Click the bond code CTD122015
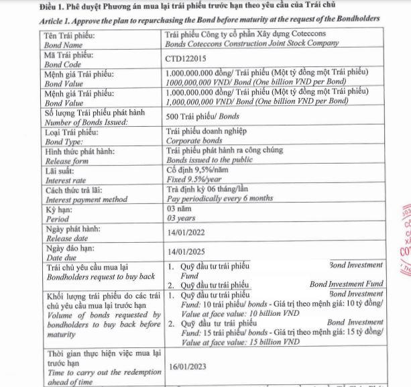[x=187, y=58]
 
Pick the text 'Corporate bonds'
[x=194, y=142]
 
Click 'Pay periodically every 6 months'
[x=219, y=199]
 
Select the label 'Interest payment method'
[x=86, y=199]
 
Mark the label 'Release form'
[x=66, y=161]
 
